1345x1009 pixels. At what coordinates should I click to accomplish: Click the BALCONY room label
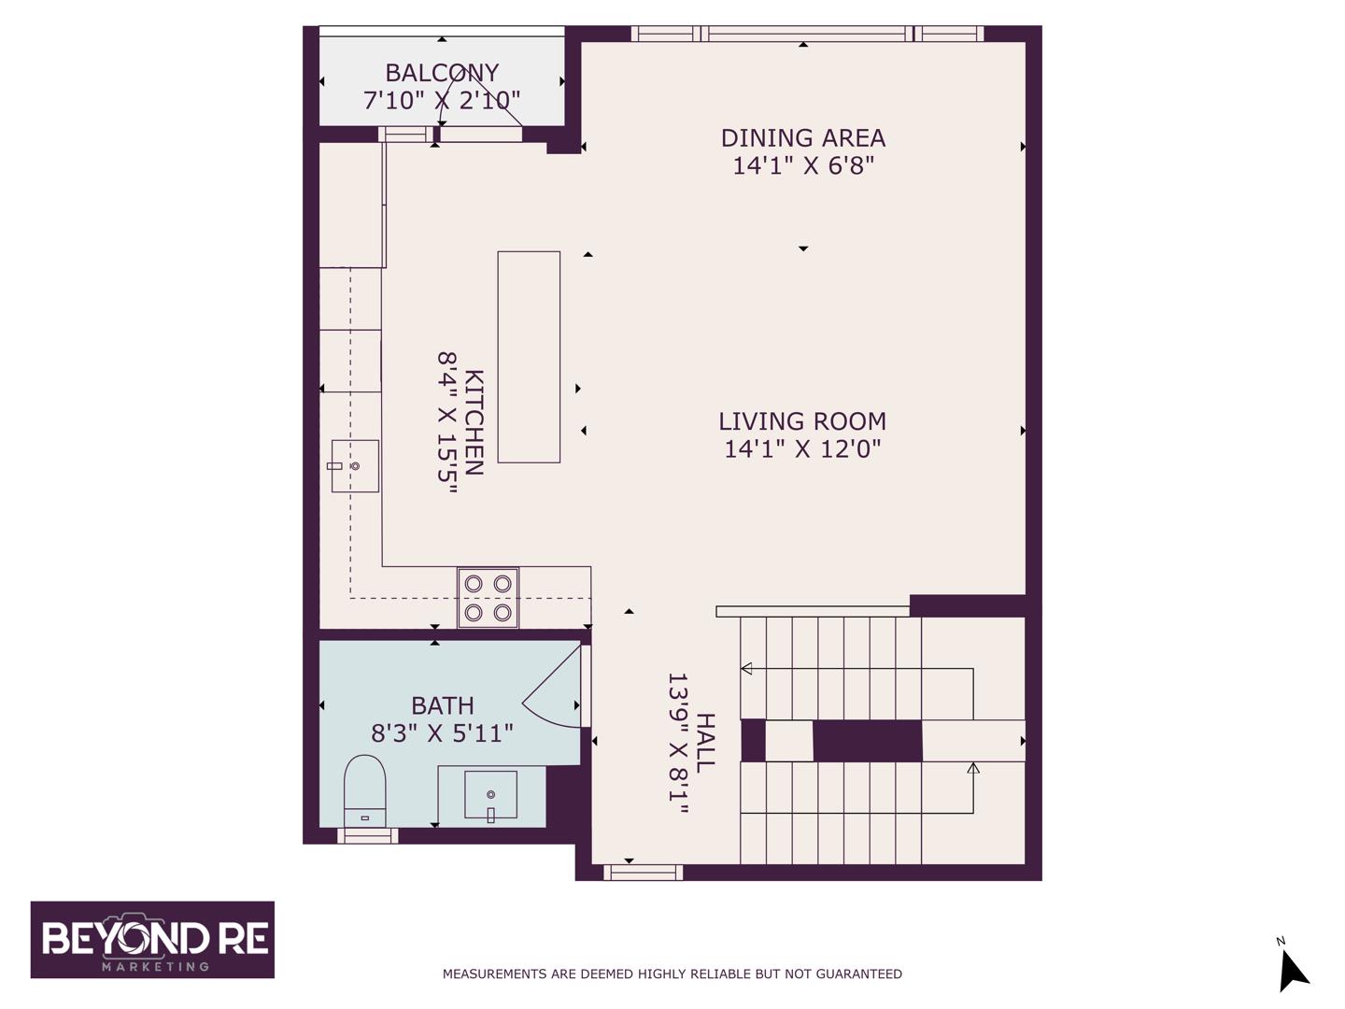point(441,73)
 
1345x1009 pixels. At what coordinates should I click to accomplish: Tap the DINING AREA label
point(802,138)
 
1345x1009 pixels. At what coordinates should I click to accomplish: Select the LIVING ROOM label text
point(802,421)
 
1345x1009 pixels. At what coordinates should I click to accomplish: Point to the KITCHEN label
point(474,422)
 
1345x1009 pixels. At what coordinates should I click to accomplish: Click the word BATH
point(443,705)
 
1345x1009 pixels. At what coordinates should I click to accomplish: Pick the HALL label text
point(705,743)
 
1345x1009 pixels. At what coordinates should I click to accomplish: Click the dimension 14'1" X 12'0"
point(802,449)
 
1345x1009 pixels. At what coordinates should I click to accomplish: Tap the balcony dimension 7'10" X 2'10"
point(441,100)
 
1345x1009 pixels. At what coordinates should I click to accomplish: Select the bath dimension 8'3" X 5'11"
point(442,732)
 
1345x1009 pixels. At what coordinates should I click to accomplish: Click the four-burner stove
point(488,597)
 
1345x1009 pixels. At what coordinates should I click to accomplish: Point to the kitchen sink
point(355,465)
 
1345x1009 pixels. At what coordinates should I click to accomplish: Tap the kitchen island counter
point(529,357)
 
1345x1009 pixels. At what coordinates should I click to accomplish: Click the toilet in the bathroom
point(364,791)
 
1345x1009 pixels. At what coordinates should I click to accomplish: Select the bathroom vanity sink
point(490,794)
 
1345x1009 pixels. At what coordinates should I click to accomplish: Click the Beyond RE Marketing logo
point(152,940)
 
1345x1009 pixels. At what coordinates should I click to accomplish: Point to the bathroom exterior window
point(368,835)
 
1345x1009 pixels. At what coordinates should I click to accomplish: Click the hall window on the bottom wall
point(643,873)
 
